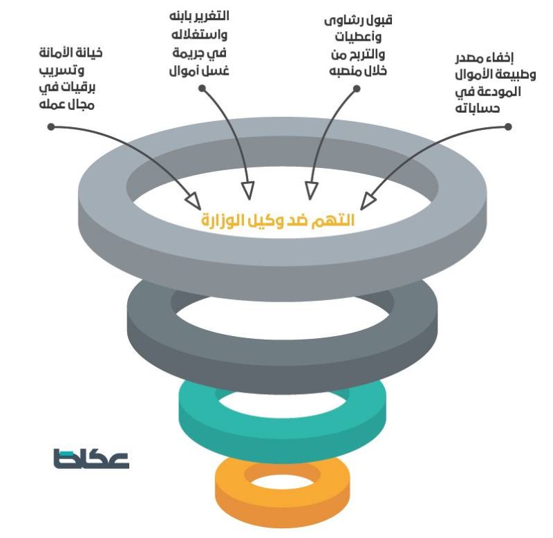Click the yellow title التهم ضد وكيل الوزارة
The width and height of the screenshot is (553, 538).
coord(277,220)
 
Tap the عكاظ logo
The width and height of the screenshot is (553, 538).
coord(91,458)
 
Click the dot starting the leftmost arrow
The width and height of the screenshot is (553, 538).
coord(50,127)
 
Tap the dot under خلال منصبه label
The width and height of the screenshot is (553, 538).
coord(357,88)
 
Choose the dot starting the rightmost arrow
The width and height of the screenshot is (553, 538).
coord(508,127)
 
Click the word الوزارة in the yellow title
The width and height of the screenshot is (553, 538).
coord(221,220)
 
